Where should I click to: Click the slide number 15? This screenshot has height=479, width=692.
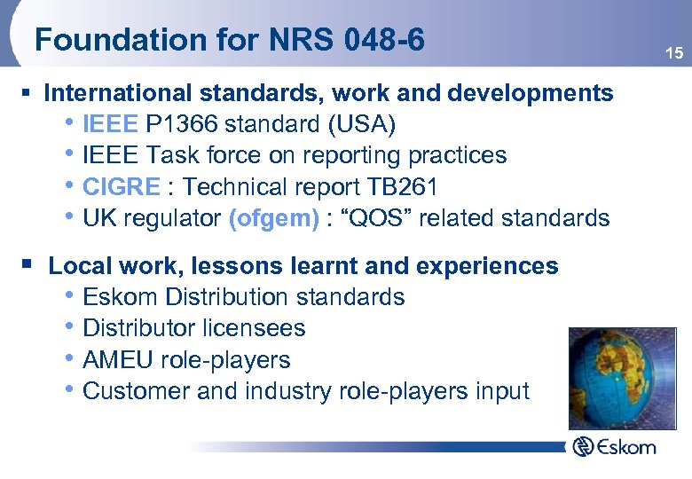point(674,54)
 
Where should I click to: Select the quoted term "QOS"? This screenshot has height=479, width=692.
point(373,218)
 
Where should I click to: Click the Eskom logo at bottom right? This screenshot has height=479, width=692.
point(614,446)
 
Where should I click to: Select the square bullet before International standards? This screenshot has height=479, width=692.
point(32,93)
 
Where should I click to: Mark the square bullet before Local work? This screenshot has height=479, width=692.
point(32,264)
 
